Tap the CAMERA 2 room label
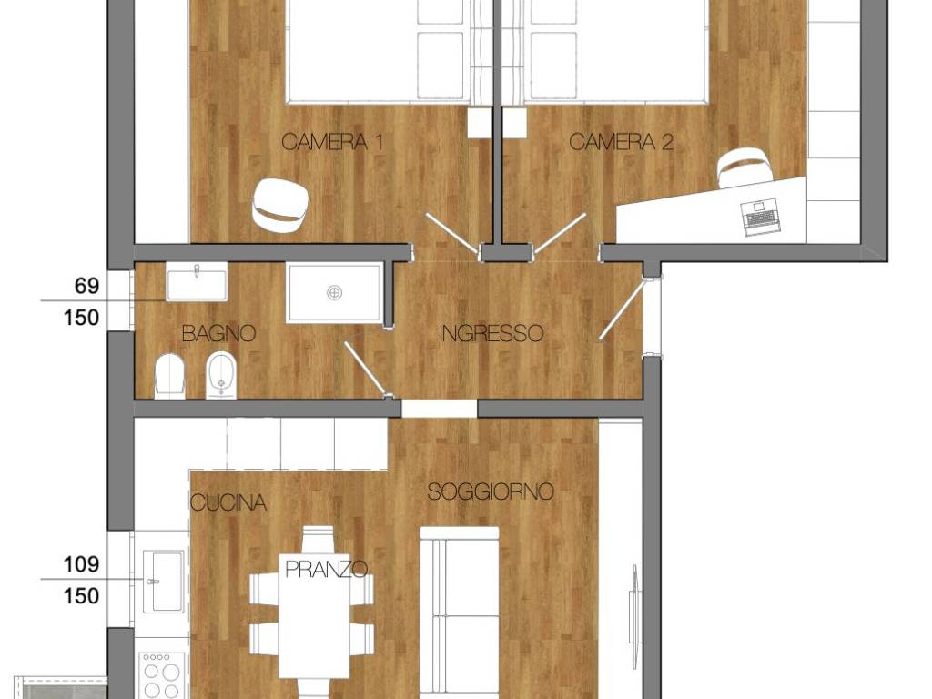(x=622, y=142)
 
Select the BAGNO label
(x=218, y=334)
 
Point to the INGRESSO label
(x=491, y=334)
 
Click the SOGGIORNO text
(x=491, y=492)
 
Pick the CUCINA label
(x=228, y=502)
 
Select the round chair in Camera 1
(x=280, y=204)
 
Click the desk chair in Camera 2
(x=745, y=167)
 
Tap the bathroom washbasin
(x=198, y=282)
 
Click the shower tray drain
(x=335, y=292)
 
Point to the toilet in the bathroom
(x=170, y=376)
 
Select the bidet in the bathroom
(x=220, y=376)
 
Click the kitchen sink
(x=162, y=581)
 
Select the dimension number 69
(x=86, y=286)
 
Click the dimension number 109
(x=81, y=564)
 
